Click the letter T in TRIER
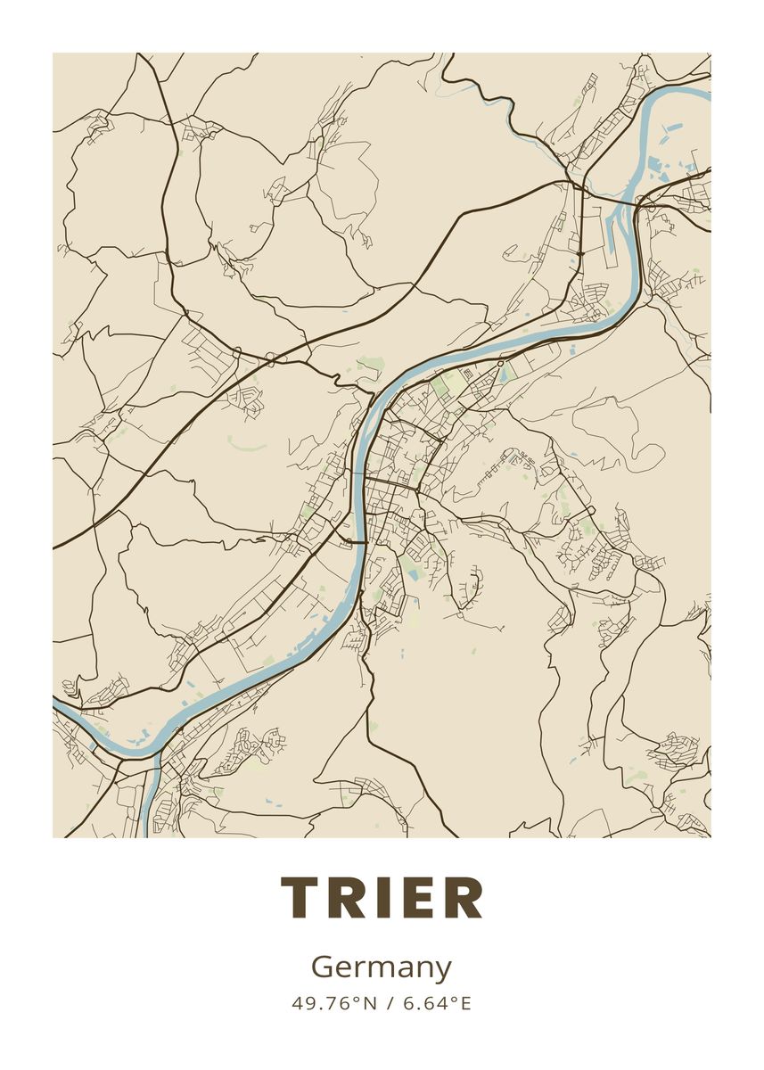(302, 898)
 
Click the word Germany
(382, 967)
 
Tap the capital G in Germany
(323, 967)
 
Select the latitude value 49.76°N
(331, 1003)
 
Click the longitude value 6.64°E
(437, 1003)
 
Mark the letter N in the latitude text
(371, 1003)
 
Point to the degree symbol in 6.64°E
(452, 1000)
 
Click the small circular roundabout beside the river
(501, 364)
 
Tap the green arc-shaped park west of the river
(247, 443)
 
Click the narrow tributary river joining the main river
(149, 794)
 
